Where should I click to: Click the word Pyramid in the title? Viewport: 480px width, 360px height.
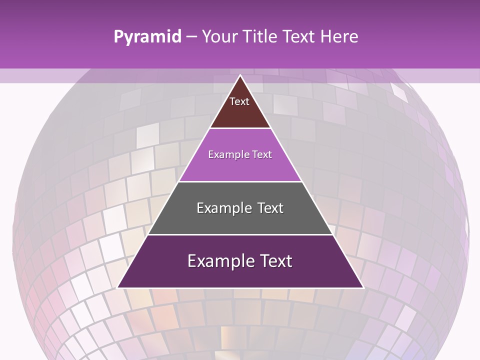click(x=147, y=37)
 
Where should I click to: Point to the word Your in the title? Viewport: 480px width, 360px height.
click(x=219, y=37)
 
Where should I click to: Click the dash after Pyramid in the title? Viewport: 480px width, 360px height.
click(x=191, y=37)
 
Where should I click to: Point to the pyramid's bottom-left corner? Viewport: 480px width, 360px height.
click(x=118, y=287)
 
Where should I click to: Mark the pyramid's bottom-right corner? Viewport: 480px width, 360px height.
click(x=363, y=287)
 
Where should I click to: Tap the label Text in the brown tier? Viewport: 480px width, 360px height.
click(x=239, y=101)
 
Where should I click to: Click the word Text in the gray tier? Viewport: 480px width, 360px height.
click(x=268, y=208)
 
